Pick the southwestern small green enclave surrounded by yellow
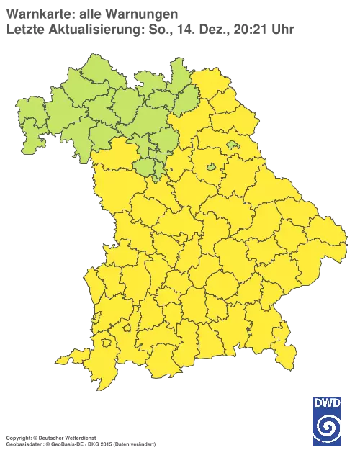(211, 167)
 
